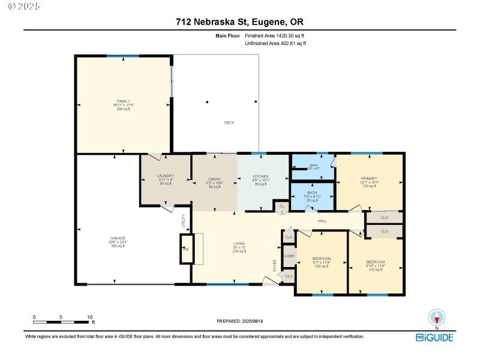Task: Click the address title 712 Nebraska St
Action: coord(239,22)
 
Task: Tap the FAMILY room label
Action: coord(123,101)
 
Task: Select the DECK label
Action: coord(229,122)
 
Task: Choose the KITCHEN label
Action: coord(261,176)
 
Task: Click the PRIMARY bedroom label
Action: coord(368,178)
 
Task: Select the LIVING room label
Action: coord(239,244)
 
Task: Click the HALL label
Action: coord(322,221)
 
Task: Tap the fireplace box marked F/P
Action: coord(186,249)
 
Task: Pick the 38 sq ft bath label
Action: coord(313,193)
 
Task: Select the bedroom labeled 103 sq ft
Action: coord(322,259)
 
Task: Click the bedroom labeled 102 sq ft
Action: coord(376,262)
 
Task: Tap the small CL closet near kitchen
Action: coord(281,206)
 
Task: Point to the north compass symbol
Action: coord(437,318)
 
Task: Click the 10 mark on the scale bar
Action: coord(89,317)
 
